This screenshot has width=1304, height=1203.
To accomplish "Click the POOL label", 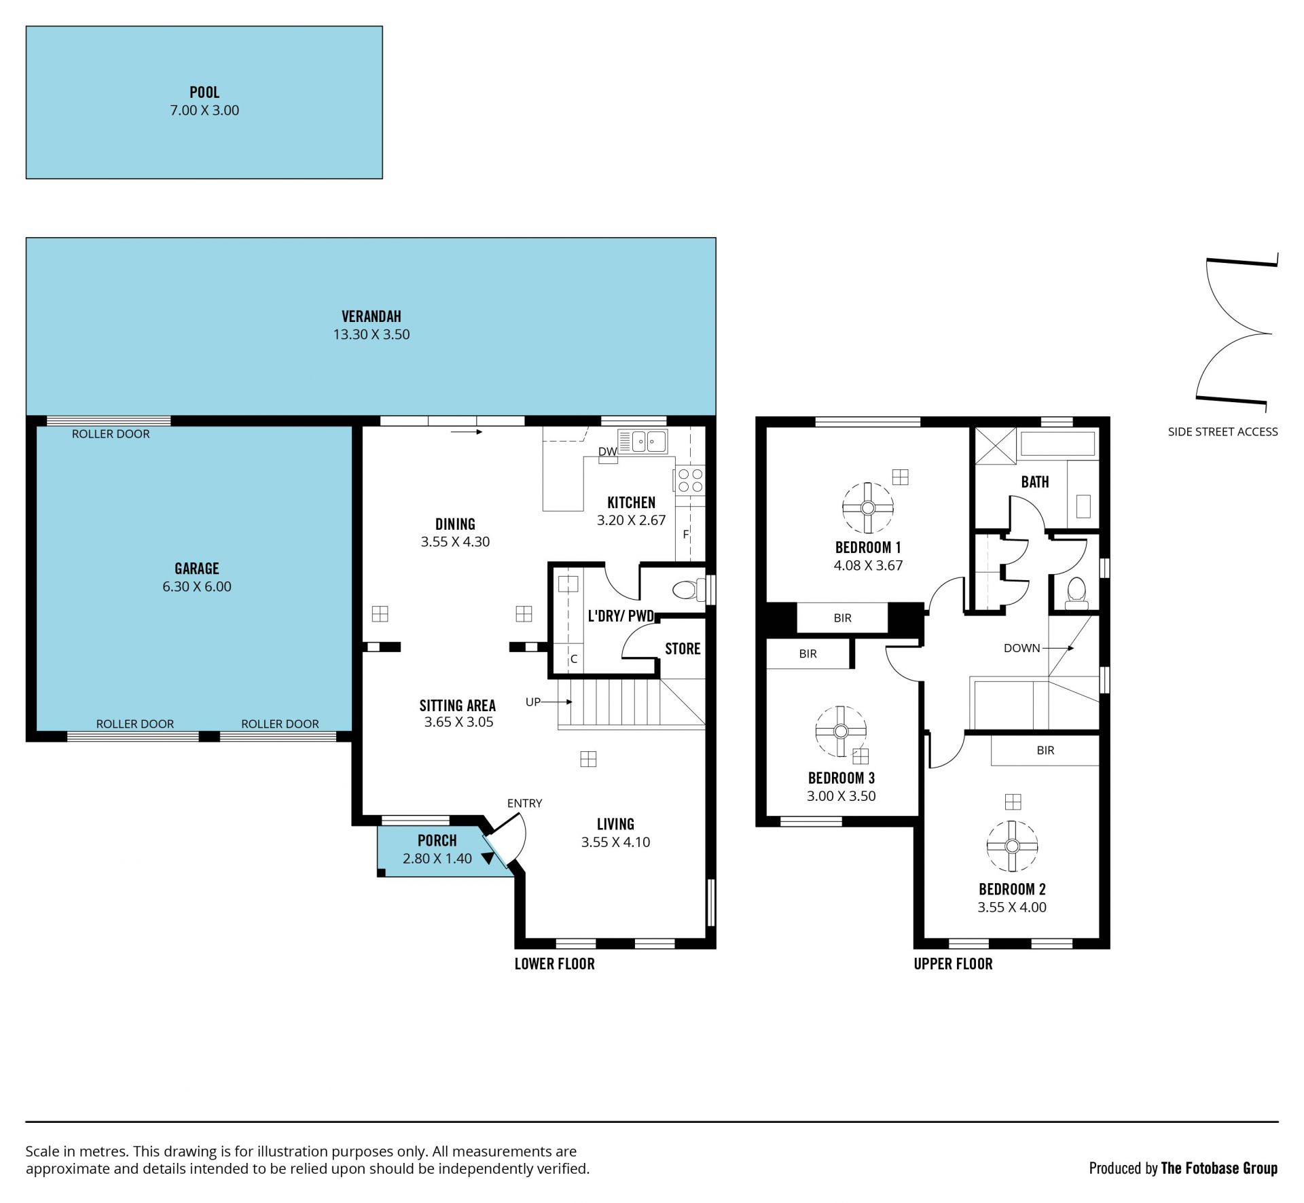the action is (204, 92).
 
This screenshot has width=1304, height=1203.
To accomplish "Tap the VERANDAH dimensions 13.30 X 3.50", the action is (372, 334).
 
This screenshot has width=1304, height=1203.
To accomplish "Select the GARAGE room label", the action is (197, 569).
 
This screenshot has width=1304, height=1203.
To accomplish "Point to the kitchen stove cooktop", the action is (690, 480).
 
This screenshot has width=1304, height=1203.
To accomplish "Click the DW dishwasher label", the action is (607, 452).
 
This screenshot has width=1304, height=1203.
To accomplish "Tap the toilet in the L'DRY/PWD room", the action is (689, 590).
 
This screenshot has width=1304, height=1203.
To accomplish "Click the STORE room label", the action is (683, 649).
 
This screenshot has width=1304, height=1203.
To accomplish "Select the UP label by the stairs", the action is (533, 702).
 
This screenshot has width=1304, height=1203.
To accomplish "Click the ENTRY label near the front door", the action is (524, 803).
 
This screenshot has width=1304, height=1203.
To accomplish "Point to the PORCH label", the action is (437, 840).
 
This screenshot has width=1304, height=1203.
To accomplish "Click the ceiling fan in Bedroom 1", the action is (867, 508).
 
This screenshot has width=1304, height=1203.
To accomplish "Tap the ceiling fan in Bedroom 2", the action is (1012, 846).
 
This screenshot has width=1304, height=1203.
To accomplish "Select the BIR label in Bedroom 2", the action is (1045, 751).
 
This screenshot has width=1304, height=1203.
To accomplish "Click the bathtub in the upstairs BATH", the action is (1058, 442).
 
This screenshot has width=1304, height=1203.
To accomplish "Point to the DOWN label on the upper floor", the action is (1022, 648).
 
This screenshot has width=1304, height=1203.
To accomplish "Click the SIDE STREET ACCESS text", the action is (1222, 431).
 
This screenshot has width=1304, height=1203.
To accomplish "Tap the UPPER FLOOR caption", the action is (953, 964).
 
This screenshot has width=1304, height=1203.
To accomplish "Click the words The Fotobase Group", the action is (1219, 1168).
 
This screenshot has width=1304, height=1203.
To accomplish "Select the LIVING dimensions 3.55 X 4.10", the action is (615, 842).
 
